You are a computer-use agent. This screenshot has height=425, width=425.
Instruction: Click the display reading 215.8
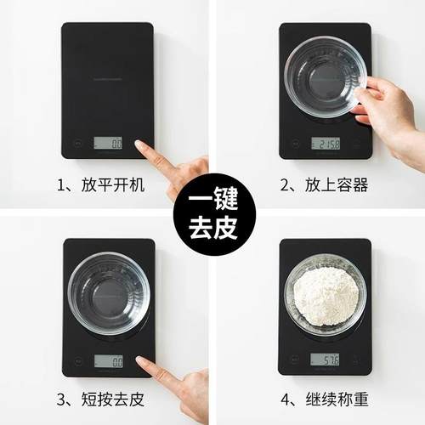326,144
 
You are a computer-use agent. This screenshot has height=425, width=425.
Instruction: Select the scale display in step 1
108,144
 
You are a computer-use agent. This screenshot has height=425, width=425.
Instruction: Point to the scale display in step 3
108,360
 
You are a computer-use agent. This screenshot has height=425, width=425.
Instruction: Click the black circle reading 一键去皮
212,212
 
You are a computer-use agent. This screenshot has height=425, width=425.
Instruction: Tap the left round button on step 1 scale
76,144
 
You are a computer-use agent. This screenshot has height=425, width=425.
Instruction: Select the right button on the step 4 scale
357,360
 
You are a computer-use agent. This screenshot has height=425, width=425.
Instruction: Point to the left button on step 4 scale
294,360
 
